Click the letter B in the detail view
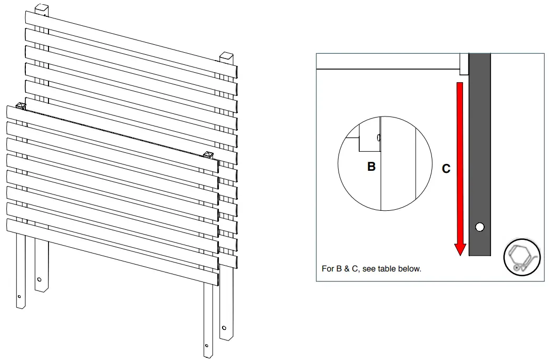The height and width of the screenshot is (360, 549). (x=371, y=167)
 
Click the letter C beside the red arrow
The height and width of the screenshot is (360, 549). (x=446, y=169)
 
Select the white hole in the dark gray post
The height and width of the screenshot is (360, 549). (x=479, y=227)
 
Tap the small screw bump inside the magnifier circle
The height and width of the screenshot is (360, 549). (x=379, y=137)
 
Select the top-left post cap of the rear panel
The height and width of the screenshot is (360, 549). (x=42, y=9)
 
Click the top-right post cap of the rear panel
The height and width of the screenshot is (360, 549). (x=226, y=56)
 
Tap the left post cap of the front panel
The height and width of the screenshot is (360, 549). (x=21, y=106)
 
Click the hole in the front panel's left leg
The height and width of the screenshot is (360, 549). (x=20, y=297)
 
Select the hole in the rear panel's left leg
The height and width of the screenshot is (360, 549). (x=40, y=279)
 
